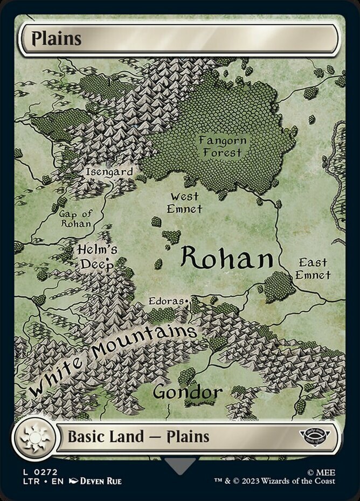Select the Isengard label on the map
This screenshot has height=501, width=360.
[109, 172]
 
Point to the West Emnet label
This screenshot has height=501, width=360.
[184, 203]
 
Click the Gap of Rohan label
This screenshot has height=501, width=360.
[76, 218]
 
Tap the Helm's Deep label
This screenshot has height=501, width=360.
[97, 257]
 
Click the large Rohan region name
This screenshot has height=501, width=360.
[226, 259]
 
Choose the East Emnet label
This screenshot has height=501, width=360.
[313, 269]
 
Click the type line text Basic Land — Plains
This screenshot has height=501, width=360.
[139, 436]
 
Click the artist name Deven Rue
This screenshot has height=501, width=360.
[100, 481]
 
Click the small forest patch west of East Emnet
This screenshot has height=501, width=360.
[279, 287]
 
